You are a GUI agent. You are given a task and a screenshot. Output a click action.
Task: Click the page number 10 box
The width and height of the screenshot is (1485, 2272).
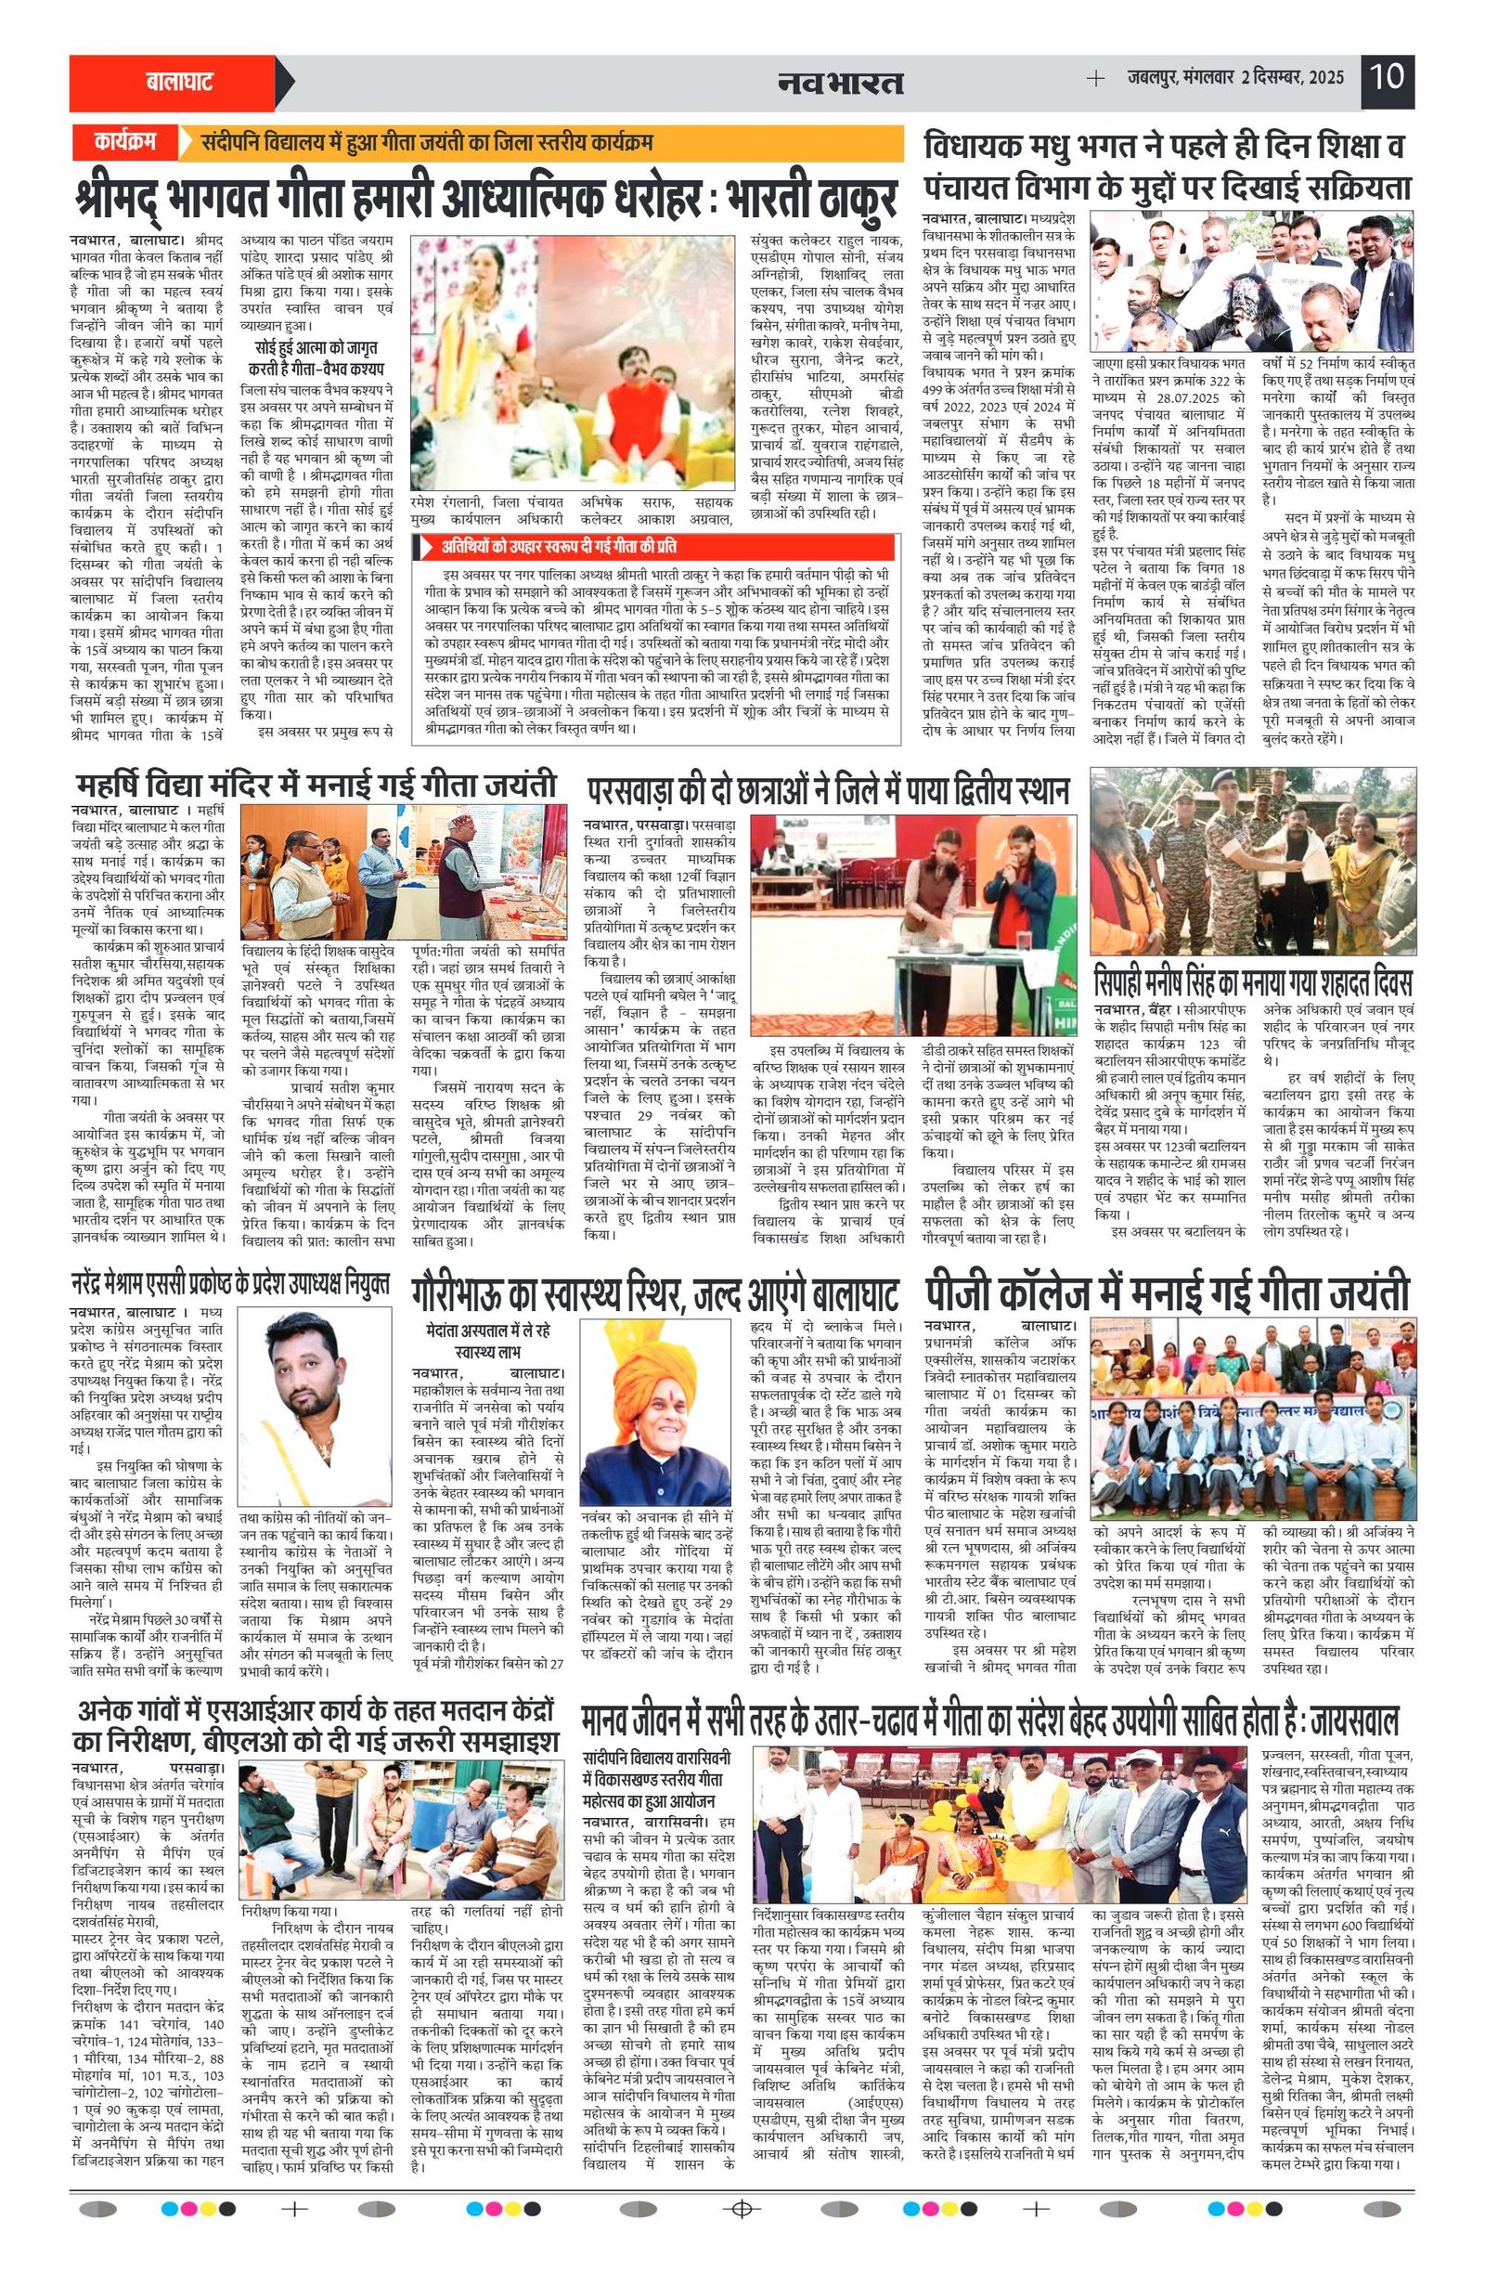(1387, 75)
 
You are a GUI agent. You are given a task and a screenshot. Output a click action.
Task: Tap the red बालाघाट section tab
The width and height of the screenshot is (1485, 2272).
(178, 83)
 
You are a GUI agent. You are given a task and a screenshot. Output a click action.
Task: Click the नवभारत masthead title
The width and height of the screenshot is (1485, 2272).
(839, 83)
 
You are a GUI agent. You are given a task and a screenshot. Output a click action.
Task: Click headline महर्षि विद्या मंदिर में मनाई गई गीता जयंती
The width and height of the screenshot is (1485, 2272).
(315, 785)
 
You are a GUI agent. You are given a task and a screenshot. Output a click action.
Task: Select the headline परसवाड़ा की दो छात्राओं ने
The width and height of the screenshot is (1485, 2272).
(828, 790)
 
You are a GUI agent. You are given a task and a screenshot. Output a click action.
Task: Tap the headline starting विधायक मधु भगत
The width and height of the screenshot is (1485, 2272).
(1167, 167)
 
